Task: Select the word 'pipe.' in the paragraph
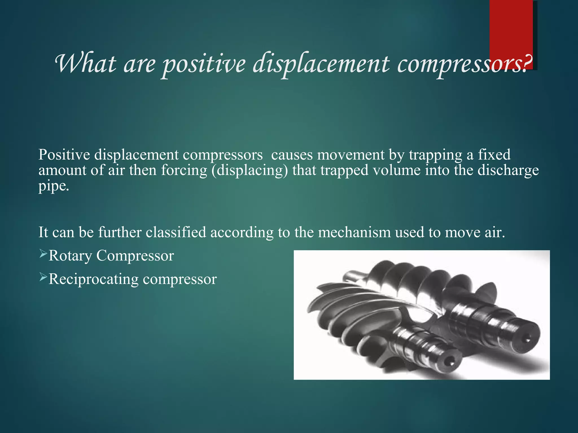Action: pos(54,186)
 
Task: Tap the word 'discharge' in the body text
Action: pos(508,171)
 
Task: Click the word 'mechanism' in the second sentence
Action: pos(354,233)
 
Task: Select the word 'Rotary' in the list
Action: pos(70,256)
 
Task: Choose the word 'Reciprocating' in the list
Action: pos(93,279)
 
